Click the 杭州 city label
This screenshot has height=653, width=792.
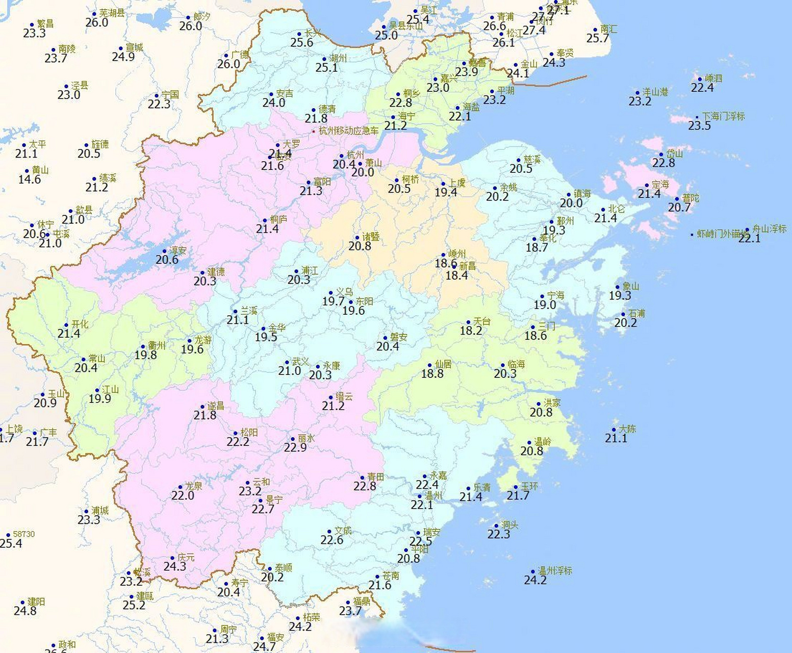click(355, 155)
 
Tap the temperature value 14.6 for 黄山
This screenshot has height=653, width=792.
click(30, 180)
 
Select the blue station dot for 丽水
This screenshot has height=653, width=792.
click(292, 439)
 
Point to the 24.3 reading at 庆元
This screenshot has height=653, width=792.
click(175, 566)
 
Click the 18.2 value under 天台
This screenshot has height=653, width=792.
click(471, 331)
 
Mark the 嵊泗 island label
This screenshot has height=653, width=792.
click(713, 79)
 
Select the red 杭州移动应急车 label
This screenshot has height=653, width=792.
click(349, 131)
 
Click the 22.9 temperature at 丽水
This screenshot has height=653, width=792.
click(295, 447)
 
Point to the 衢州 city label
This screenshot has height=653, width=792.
click(157, 346)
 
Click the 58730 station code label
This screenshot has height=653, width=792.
click(24, 534)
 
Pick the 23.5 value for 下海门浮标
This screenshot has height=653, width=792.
click(699, 125)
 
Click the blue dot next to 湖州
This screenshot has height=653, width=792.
click(324, 59)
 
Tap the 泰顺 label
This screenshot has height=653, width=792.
click(284, 568)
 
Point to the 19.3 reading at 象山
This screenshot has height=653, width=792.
click(620, 295)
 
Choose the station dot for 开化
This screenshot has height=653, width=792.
click(66, 325)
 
